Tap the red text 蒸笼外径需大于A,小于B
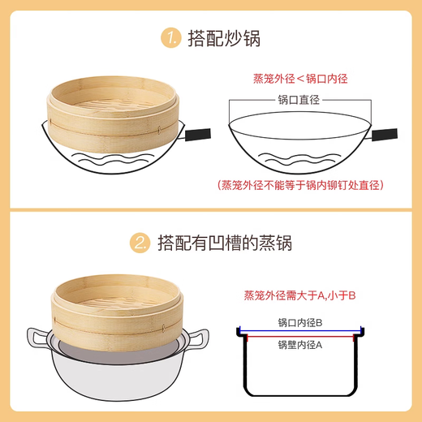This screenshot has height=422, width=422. [x=299, y=295]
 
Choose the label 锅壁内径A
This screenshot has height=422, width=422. [x=299, y=344]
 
